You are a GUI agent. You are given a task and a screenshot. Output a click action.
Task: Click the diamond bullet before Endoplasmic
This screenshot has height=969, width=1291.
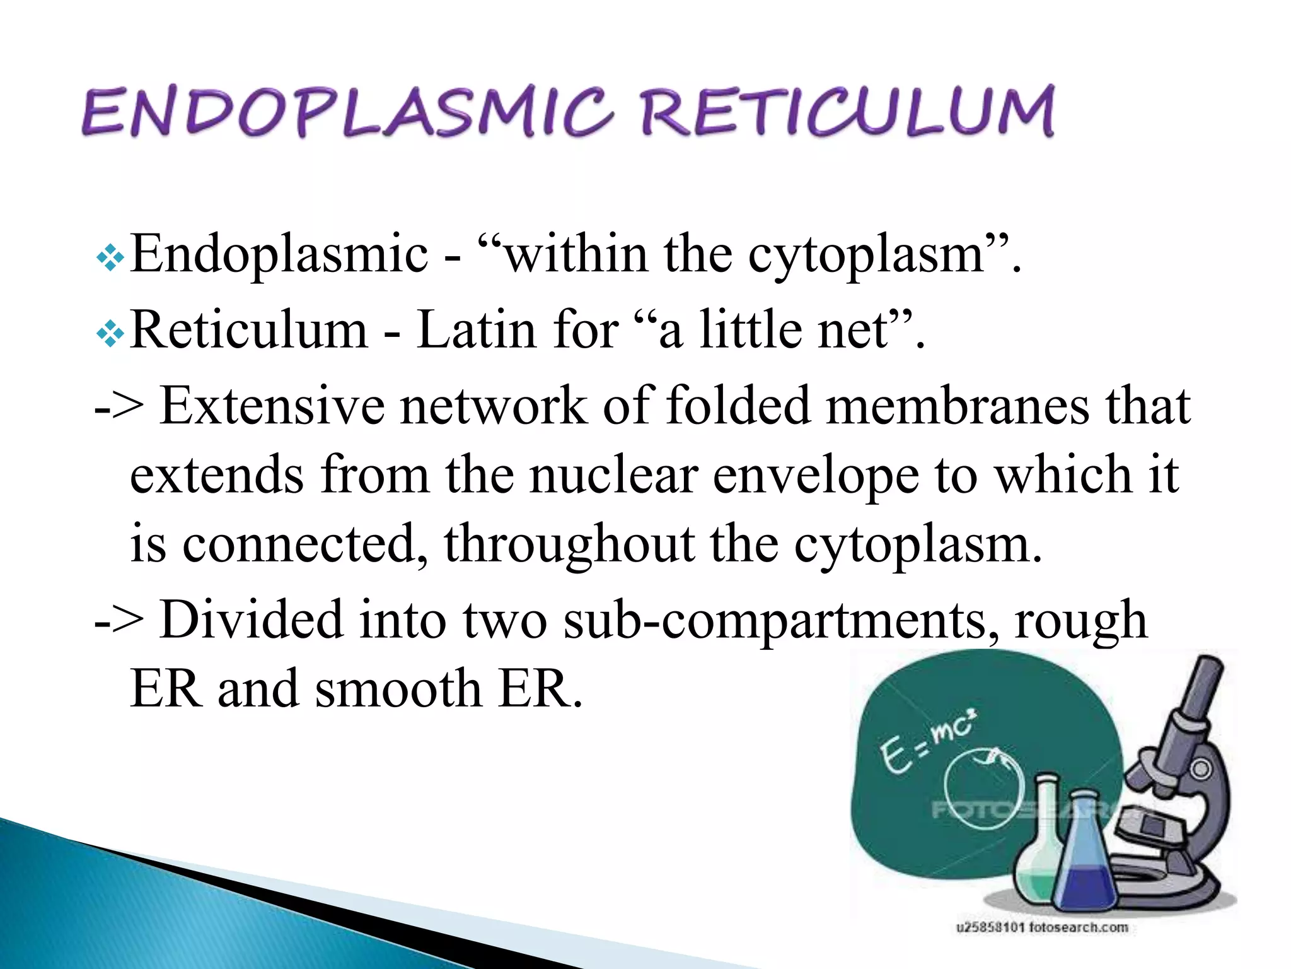click(x=110, y=258)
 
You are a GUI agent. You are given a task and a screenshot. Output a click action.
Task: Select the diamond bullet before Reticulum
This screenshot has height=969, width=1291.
click(x=110, y=334)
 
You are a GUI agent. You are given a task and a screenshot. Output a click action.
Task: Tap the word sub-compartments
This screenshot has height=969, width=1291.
click(x=781, y=621)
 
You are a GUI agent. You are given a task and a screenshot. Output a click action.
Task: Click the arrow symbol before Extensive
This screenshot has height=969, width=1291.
click(x=119, y=407)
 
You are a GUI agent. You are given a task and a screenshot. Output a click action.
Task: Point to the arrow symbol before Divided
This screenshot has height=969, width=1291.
click(x=119, y=621)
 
